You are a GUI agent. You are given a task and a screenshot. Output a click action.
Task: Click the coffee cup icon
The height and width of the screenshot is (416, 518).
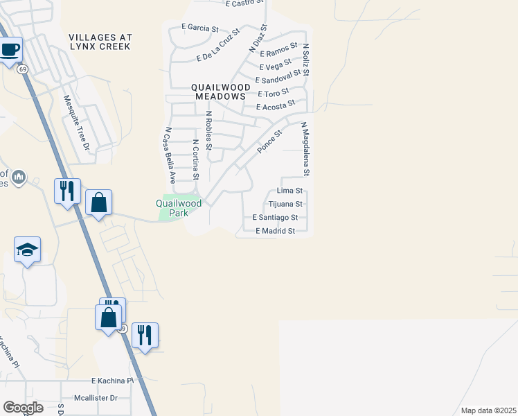point(10,51)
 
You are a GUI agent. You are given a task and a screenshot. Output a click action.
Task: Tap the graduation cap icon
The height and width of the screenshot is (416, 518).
point(27,250)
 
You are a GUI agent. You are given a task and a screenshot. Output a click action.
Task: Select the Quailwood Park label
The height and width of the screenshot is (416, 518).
point(178,208)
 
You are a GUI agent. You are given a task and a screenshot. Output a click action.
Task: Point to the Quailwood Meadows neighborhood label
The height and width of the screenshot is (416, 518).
point(220,92)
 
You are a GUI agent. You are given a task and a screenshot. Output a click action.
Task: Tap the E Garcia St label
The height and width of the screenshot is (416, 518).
point(199,28)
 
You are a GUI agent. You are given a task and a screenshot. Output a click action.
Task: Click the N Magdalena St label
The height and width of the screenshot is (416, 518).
point(304,148)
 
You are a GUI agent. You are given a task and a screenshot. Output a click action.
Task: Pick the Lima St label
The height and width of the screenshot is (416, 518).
point(289,190)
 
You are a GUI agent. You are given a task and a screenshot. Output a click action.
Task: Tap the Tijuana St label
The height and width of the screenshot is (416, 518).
point(285,204)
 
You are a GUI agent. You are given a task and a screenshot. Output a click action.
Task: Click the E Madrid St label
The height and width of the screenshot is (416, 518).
point(276,231)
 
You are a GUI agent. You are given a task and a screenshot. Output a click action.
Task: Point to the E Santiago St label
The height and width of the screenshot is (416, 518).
point(276,218)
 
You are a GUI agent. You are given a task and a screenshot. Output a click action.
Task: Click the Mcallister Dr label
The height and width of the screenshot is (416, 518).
point(96,398)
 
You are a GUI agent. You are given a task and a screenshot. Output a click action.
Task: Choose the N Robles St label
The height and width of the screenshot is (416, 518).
point(208,129)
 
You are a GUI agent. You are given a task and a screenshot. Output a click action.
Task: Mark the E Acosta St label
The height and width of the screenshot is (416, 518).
point(275,107)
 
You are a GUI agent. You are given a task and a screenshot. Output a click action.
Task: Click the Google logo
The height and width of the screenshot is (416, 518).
point(23,408)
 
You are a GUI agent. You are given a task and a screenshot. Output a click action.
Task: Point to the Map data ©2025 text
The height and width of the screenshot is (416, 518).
point(488,410)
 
